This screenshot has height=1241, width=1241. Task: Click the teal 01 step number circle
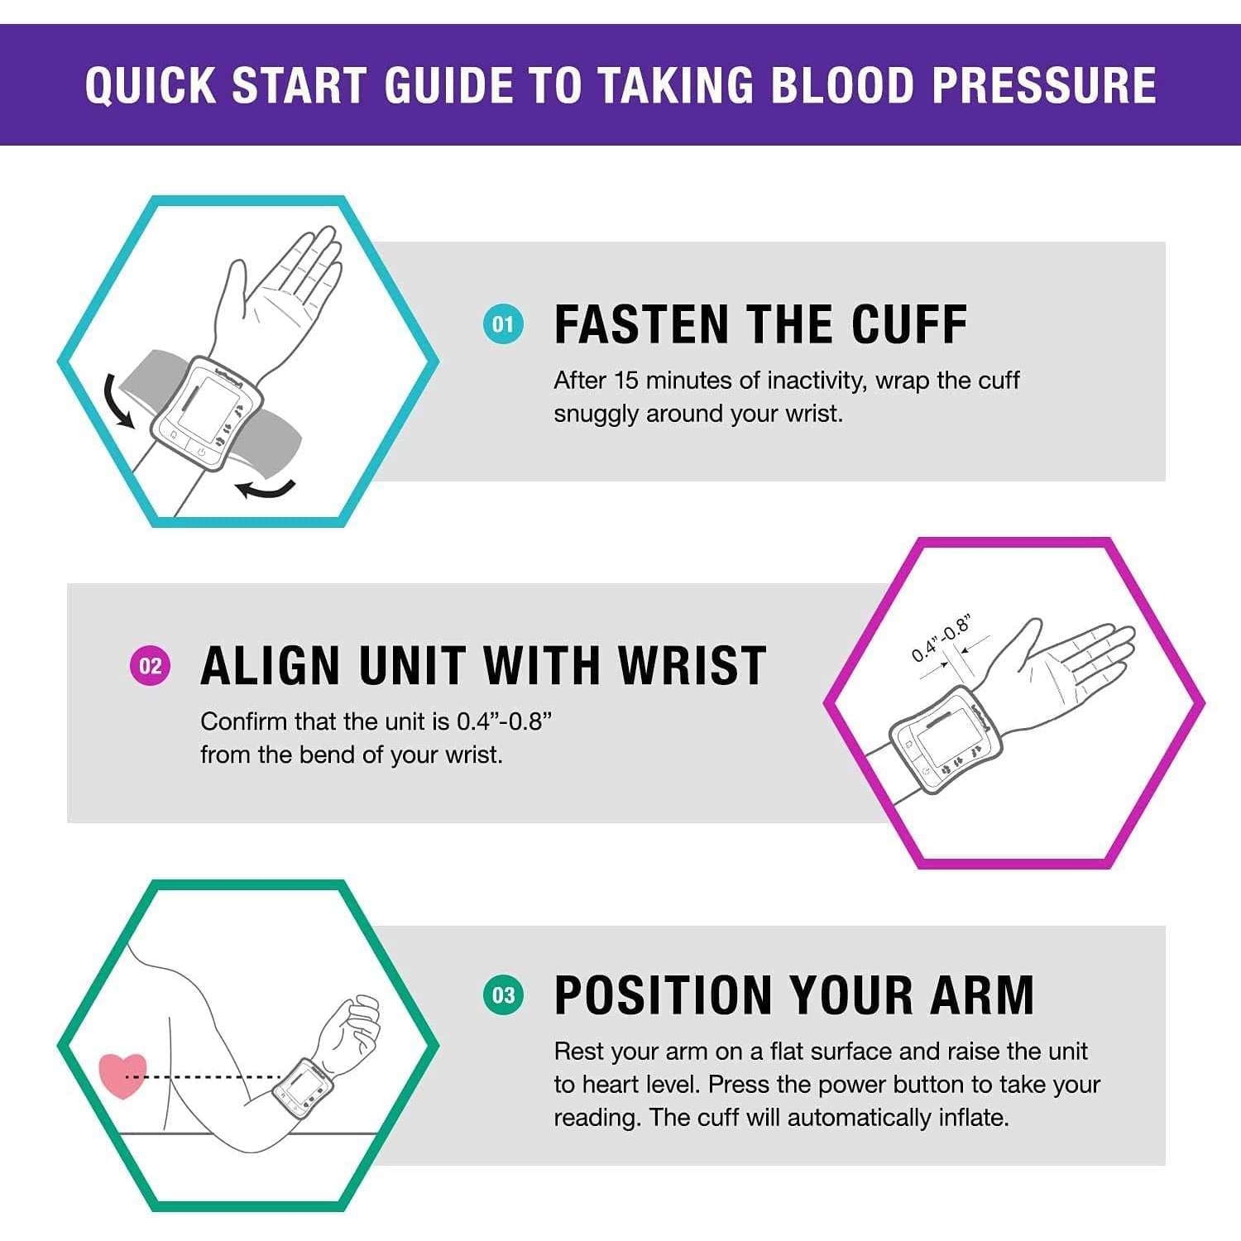(503, 324)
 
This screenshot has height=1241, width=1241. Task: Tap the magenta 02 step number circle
(150, 666)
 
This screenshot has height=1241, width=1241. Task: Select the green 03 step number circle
(503, 994)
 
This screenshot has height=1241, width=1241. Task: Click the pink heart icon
(122, 1075)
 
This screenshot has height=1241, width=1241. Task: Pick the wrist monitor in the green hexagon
(302, 1087)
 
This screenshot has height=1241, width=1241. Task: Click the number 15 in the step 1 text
(626, 381)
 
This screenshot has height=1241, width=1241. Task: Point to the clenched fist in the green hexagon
(352, 1026)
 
